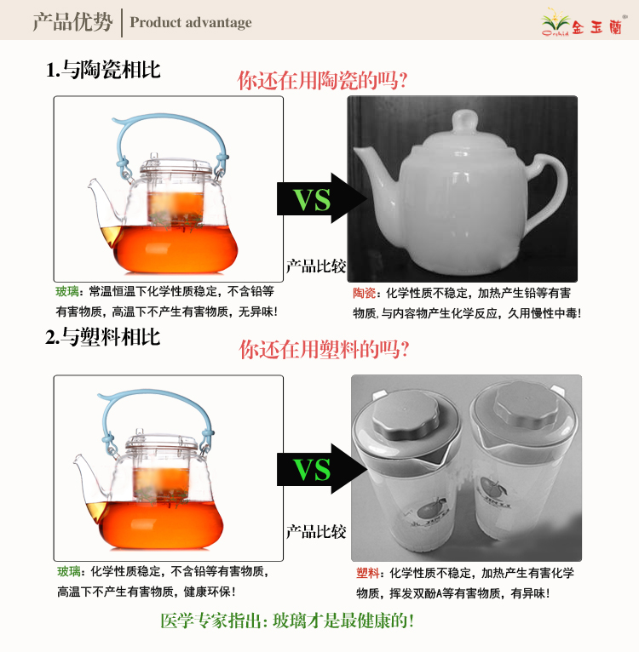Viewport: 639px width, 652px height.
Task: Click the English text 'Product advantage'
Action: [x=191, y=22]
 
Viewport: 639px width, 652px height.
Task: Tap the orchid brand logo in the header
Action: [x=583, y=23]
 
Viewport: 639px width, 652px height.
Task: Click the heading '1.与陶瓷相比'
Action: [x=103, y=70]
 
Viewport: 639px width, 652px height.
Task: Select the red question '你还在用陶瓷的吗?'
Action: [x=322, y=80]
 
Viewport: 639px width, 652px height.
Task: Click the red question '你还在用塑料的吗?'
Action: [x=324, y=349]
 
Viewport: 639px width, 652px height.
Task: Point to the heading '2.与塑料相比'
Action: [x=102, y=337]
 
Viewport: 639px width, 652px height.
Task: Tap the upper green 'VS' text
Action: [x=312, y=199]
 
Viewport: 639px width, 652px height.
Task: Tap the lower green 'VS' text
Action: [x=312, y=470]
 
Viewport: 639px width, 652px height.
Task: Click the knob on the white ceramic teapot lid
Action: [x=464, y=122]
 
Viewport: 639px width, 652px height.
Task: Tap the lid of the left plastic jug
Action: [x=405, y=415]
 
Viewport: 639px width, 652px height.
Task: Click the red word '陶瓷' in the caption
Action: [x=365, y=293]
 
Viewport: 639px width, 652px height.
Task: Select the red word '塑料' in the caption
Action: [x=367, y=574]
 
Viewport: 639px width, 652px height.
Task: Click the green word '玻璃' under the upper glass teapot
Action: [x=67, y=291]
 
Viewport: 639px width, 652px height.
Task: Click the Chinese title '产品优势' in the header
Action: [x=73, y=22]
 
